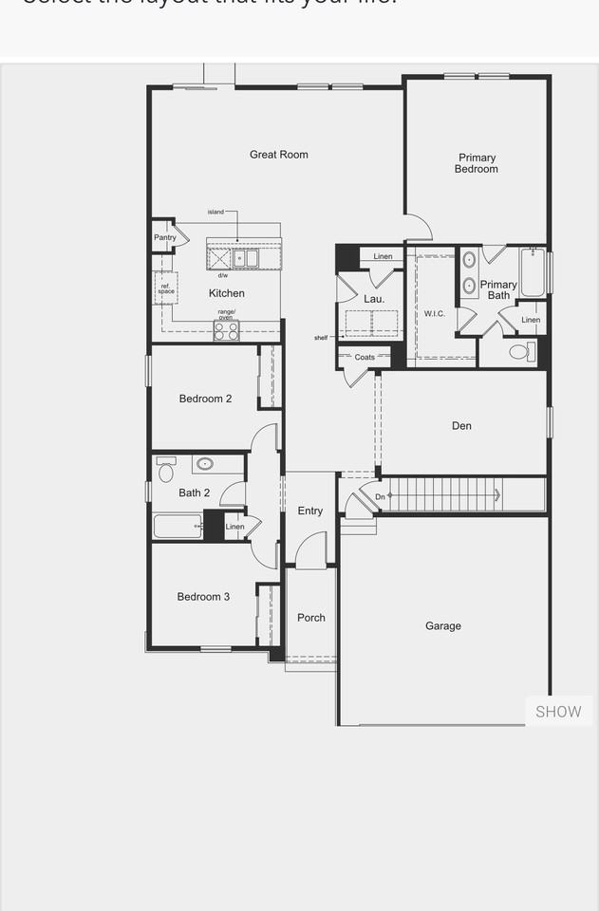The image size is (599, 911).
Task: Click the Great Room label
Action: click(279, 155)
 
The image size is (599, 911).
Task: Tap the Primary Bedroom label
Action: click(477, 163)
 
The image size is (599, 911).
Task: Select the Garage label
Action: click(443, 626)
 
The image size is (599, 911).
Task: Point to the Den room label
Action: click(461, 426)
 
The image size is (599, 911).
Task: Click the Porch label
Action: click(311, 618)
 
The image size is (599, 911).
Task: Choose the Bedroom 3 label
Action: click(203, 597)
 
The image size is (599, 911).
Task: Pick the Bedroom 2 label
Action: click(205, 399)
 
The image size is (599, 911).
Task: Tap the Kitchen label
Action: click(227, 293)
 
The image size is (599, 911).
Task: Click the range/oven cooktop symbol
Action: click(227, 330)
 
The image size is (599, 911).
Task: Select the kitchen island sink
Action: click(246, 257)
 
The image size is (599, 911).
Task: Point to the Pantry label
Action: click(165, 237)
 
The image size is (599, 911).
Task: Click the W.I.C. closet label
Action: click(435, 313)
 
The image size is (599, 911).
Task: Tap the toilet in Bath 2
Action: click(166, 472)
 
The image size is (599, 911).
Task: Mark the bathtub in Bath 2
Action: click(178, 526)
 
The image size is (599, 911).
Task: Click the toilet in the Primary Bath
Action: click(519, 352)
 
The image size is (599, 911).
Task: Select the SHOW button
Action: click(558, 712)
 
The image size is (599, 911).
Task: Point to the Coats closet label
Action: click(365, 357)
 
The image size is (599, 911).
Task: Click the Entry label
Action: click(310, 511)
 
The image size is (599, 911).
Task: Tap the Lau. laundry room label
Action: click(374, 299)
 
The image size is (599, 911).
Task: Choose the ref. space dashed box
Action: click(166, 288)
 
